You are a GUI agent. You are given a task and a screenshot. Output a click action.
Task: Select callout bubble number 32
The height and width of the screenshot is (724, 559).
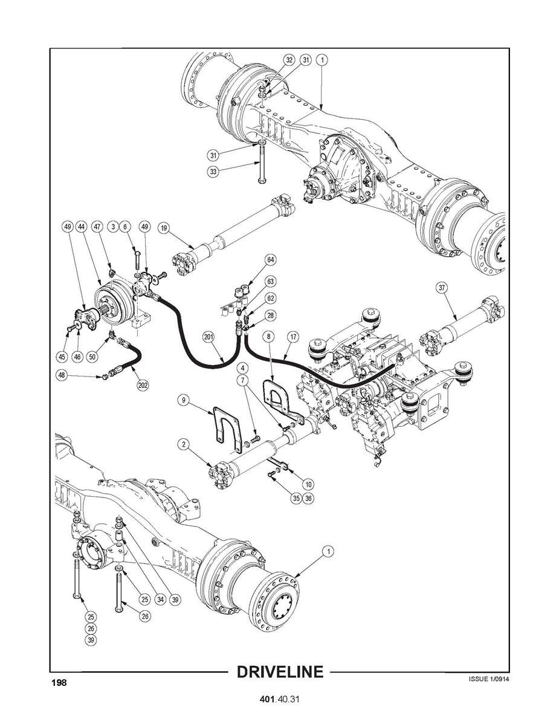(x=289, y=60)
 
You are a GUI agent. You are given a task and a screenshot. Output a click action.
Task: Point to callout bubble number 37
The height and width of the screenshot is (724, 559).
(x=442, y=288)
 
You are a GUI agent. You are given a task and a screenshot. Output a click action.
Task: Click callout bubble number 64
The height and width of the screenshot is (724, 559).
(x=271, y=260)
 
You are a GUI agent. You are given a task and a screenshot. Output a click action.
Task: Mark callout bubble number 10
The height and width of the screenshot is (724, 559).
(x=308, y=484)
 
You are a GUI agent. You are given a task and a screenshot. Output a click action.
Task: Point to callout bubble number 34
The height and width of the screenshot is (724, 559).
(x=160, y=600)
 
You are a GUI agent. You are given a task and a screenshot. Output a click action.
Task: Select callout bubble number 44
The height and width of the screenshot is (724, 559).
(x=81, y=227)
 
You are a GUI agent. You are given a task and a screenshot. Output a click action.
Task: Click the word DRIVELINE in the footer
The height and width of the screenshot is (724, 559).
(x=279, y=672)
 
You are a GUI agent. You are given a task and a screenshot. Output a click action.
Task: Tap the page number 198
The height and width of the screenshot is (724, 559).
(x=59, y=682)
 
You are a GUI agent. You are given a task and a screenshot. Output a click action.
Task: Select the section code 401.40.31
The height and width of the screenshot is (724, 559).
(x=279, y=699)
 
